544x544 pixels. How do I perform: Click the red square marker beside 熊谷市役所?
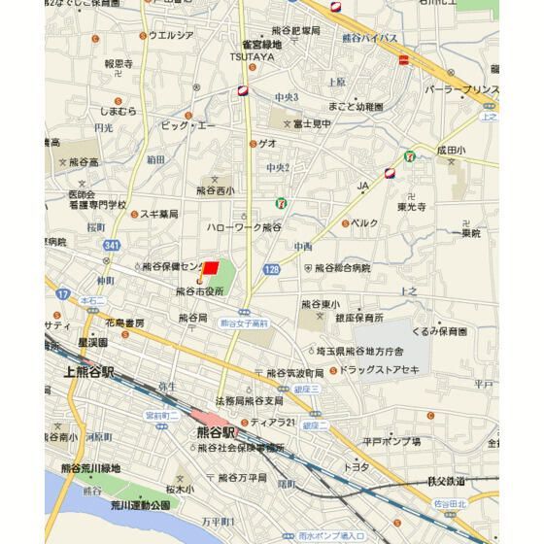tap(211, 269)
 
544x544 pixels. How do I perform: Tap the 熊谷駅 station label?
tap(216, 432)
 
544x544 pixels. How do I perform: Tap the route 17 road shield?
tap(62, 292)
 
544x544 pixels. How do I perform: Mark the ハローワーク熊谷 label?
tap(243, 226)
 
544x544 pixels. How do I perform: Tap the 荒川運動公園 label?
tap(139, 505)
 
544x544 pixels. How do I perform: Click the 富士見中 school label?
tap(312, 123)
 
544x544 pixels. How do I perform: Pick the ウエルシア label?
tap(171, 36)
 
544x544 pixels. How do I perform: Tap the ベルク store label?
tap(364, 222)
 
